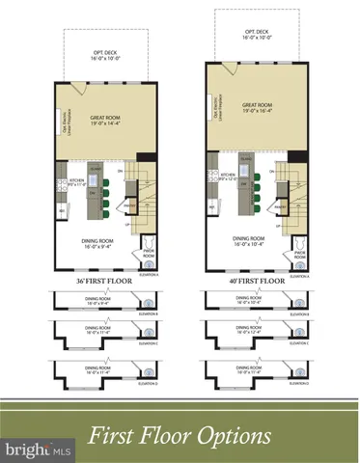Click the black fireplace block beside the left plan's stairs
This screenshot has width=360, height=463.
145,160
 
